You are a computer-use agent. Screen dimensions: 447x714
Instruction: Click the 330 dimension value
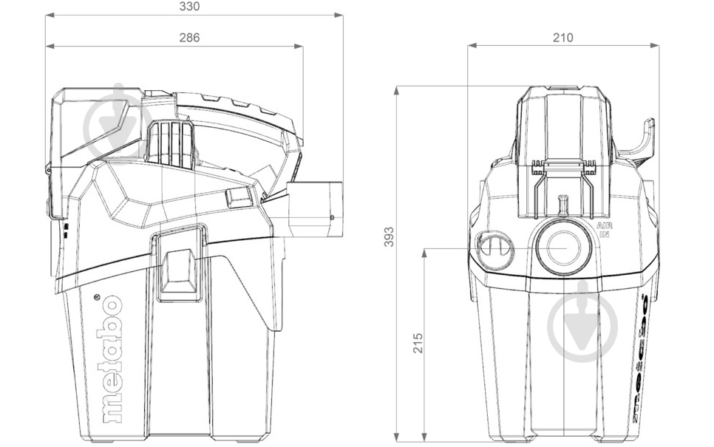coord(191,6)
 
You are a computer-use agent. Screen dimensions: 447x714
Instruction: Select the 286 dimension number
coord(190,37)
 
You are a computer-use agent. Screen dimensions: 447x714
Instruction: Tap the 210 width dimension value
coord(562,37)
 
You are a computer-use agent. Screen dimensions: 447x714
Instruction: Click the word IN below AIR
coord(604,234)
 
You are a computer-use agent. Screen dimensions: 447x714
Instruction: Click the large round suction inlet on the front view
coord(563,248)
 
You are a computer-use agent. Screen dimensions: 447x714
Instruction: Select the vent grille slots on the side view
coord(169,142)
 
